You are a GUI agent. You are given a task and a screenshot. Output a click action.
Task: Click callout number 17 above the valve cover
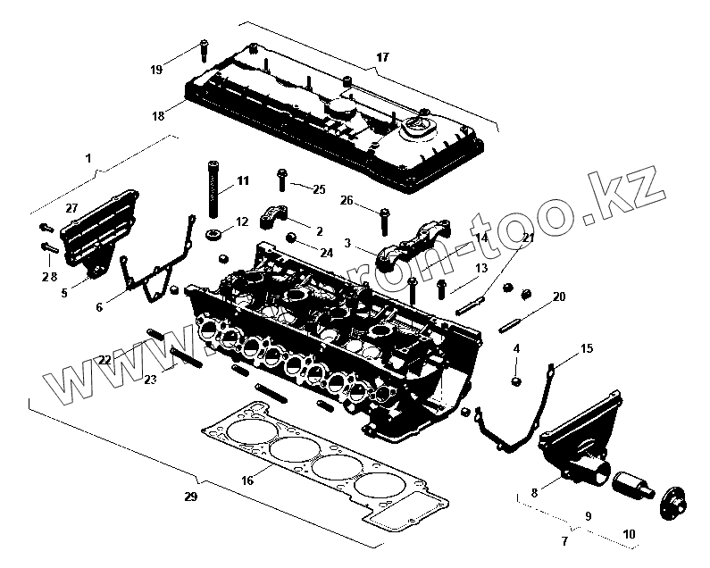(x=382, y=58)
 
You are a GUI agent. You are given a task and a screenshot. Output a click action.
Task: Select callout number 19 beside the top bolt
(x=156, y=70)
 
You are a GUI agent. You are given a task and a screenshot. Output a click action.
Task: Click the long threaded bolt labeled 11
(x=214, y=188)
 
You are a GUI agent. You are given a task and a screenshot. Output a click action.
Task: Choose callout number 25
(x=320, y=189)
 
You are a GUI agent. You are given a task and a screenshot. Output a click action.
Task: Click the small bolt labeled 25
(x=281, y=180)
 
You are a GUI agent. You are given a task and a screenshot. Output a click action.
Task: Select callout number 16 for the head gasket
(x=247, y=480)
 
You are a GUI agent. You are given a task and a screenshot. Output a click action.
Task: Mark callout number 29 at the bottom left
(x=190, y=497)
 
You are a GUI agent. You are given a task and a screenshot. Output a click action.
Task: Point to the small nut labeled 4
(x=516, y=382)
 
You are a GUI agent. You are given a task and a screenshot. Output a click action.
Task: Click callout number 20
(x=559, y=296)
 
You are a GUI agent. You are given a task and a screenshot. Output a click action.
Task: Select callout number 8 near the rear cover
(x=534, y=492)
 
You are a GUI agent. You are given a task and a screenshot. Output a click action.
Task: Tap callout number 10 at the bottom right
(x=629, y=534)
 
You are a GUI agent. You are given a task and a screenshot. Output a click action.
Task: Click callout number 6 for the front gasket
(x=99, y=307)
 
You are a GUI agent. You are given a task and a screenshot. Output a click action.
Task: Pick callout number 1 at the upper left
(x=88, y=158)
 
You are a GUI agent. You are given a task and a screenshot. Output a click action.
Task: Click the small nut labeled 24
(x=291, y=238)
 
